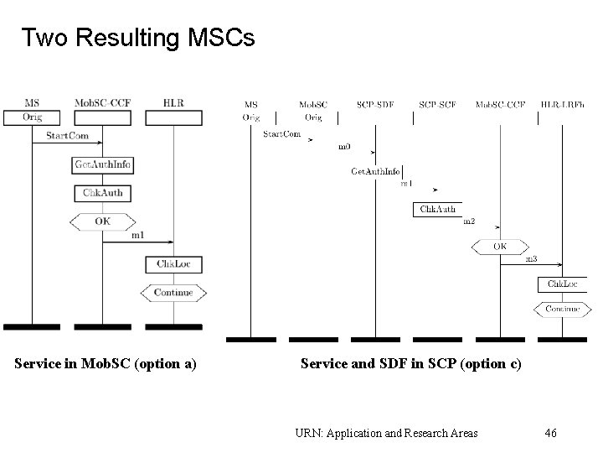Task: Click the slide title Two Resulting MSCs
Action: tap(137, 39)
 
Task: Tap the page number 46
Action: tap(550, 433)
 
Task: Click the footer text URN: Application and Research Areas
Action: tap(386, 433)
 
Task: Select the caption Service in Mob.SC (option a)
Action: tap(106, 363)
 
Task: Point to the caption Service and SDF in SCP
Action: tap(410, 363)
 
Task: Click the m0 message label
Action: tap(344, 147)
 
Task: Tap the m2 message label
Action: tap(469, 221)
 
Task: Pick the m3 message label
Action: tap(531, 259)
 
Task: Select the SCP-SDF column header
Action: tap(374, 105)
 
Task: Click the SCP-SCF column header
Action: tap(436, 105)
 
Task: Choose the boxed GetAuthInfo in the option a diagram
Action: tap(103, 165)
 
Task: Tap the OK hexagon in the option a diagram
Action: tap(102, 221)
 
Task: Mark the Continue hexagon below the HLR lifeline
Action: tap(173, 293)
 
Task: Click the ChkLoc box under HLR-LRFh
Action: tap(563, 284)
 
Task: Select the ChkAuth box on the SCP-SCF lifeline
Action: tap(436, 209)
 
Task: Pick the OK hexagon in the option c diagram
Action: tap(499, 247)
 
